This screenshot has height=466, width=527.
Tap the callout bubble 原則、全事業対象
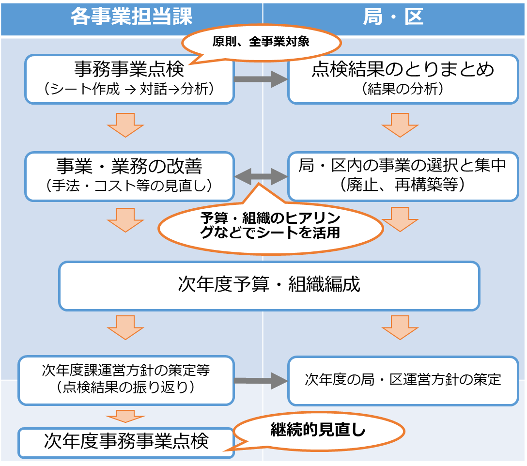[x=261, y=42]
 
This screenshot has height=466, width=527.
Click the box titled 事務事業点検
[x=129, y=78]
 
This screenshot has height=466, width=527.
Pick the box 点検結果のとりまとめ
[x=403, y=78]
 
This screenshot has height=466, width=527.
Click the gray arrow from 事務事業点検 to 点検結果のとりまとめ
[x=261, y=78]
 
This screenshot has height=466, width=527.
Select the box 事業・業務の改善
[x=129, y=176]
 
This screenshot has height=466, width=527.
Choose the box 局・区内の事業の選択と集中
[x=403, y=176]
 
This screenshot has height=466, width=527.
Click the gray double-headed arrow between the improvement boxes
[x=261, y=177]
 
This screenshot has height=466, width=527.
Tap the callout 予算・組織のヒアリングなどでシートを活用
[x=270, y=226]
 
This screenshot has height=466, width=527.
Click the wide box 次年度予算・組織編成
[x=269, y=285]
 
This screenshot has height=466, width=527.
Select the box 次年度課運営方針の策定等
[x=126, y=380]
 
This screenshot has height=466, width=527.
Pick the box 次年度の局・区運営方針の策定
[x=403, y=380]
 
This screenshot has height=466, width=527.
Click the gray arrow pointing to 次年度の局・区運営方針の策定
[x=261, y=380]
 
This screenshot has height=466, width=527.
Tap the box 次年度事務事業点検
[x=126, y=442]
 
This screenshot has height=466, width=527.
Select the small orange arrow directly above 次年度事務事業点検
[x=125, y=416]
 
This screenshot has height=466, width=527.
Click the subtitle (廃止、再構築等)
[x=403, y=186]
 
